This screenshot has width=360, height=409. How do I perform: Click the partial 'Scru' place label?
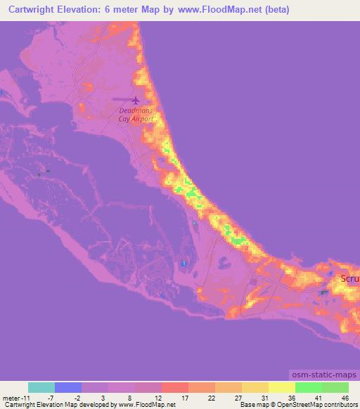click(x=349, y=278)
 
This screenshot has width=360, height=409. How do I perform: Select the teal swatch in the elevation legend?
click(x=41, y=387)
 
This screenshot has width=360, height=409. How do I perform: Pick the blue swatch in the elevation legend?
click(x=68, y=387)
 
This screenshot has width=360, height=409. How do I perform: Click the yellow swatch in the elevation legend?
click(x=282, y=387)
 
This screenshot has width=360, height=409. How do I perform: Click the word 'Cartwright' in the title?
click(x=30, y=11)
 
